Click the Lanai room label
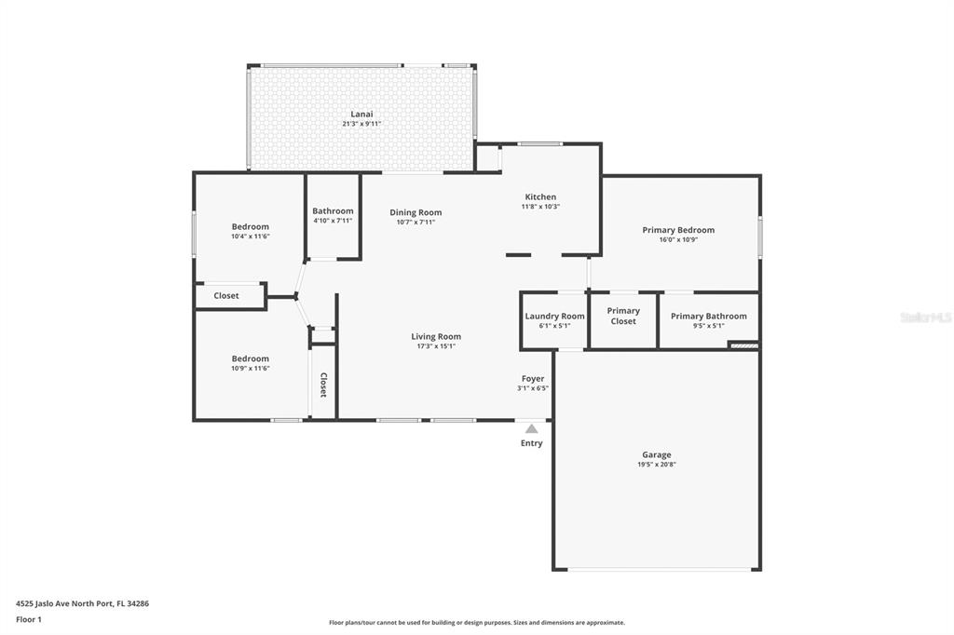click(x=361, y=114)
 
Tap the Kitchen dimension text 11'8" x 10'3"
click(x=540, y=207)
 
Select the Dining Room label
click(x=416, y=212)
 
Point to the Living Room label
click(x=436, y=336)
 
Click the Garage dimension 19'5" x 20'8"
click(x=657, y=465)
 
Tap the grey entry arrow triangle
click(x=532, y=429)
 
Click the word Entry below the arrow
click(x=531, y=443)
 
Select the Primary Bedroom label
click(x=678, y=230)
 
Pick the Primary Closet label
click(x=623, y=316)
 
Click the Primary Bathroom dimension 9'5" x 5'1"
click(x=708, y=326)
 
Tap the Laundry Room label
click(x=554, y=317)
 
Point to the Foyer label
click(x=532, y=378)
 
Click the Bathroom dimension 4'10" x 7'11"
click(x=333, y=221)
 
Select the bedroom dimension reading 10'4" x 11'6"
click(x=250, y=236)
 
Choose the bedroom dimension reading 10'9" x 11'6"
click(x=250, y=369)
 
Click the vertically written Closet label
click(x=323, y=385)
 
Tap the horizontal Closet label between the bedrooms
click(x=226, y=295)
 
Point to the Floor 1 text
click(x=29, y=620)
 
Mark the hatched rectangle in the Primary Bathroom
click(x=743, y=346)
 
